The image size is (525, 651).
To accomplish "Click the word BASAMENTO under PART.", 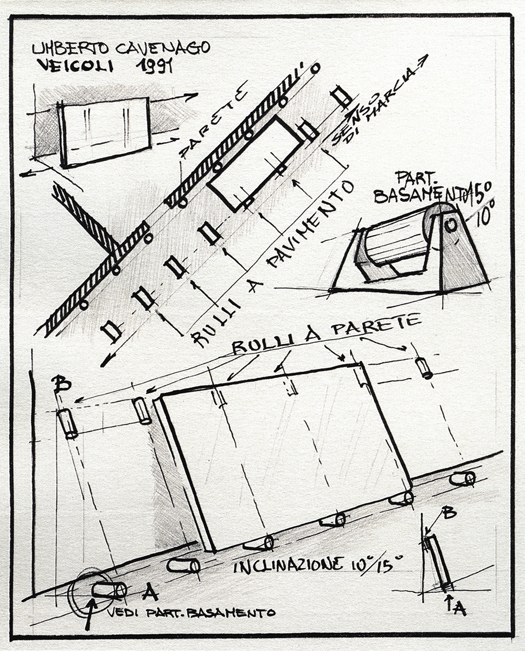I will [421, 195].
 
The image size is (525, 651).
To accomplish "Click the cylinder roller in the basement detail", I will [396, 239].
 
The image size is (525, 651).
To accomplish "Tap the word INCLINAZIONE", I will [288, 565].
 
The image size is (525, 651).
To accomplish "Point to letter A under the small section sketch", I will [459, 609].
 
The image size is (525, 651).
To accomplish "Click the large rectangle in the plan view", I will [255, 163].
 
